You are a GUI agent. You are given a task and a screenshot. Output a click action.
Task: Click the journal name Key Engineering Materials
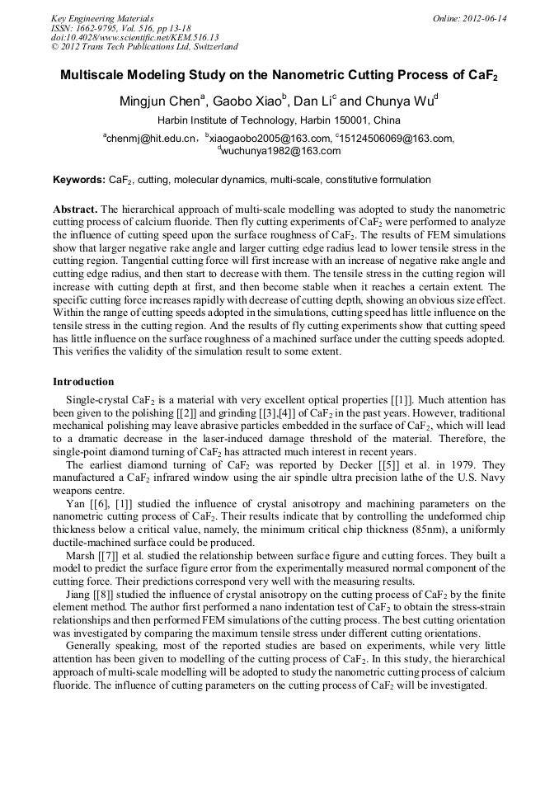(101, 17)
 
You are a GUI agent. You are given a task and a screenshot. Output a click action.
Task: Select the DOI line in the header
(123, 37)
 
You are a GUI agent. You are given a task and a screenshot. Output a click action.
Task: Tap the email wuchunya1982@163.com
(281, 151)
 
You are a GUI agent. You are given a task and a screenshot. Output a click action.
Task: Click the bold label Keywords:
(79, 179)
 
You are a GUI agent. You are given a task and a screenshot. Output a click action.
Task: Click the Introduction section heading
(83, 382)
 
